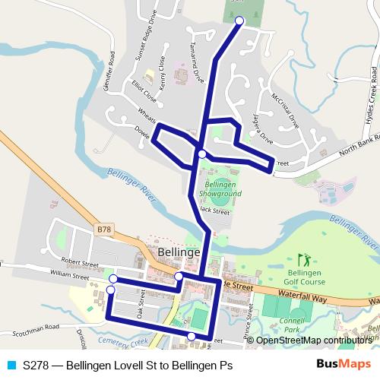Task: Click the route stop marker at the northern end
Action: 239,21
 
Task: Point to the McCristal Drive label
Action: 285,110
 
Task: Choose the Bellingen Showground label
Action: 223,189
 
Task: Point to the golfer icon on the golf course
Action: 305,259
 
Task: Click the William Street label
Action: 70,272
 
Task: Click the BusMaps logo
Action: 344,364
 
